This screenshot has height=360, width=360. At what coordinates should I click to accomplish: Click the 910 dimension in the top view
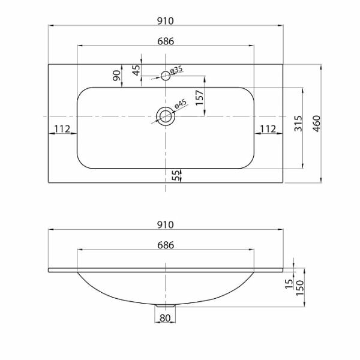[166, 20]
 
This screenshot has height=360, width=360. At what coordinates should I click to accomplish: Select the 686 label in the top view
[166, 41]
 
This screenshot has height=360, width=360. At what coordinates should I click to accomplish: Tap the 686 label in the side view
[166, 245]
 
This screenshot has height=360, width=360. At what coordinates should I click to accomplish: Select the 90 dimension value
[118, 75]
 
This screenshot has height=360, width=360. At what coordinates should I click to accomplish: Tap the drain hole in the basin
[165, 115]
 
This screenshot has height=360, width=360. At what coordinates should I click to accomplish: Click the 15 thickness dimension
[289, 285]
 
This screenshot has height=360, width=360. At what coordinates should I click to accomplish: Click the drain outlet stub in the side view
[165, 307]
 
